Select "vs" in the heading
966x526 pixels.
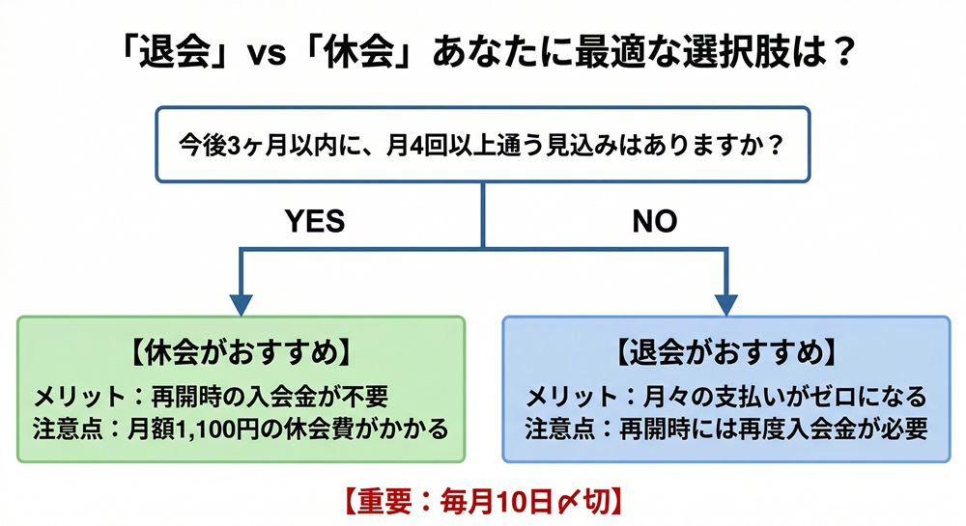267,52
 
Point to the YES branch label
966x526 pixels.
314,222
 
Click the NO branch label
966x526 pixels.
655,222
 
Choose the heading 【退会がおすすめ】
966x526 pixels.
726,353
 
